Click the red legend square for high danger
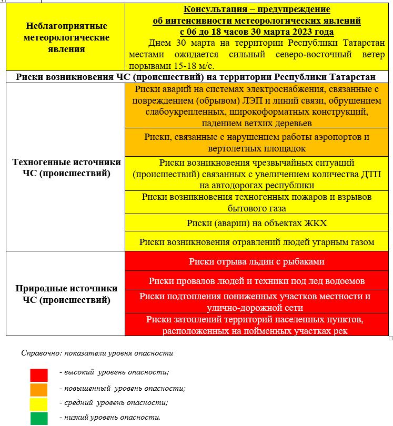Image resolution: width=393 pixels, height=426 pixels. (39, 374)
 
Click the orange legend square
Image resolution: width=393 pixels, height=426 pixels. (39, 390)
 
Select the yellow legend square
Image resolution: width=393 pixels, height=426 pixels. (39, 404)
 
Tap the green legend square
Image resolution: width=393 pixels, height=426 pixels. (39, 419)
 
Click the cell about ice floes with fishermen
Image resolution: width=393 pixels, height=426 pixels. (257, 261)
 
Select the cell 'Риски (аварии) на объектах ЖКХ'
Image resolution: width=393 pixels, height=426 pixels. (257, 224)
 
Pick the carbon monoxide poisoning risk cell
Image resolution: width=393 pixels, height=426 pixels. (257, 242)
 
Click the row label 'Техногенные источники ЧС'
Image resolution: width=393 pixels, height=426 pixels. (66, 168)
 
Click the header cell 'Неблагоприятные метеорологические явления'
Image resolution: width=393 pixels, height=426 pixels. (66, 37)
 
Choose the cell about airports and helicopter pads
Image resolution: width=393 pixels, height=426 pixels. (257, 143)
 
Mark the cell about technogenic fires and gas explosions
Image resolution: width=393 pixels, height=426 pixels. (257, 202)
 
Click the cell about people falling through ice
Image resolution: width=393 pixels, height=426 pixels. (257, 281)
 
